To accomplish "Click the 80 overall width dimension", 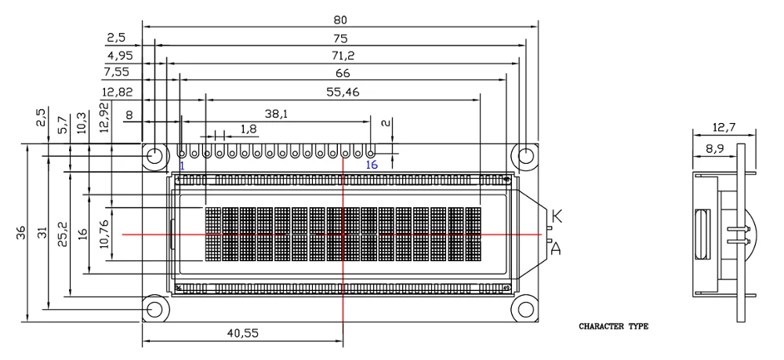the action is pos(340,20).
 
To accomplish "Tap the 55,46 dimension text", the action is pos(343,92).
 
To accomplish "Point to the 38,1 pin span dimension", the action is pos(277,114).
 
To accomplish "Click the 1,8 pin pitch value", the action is pos(249,129).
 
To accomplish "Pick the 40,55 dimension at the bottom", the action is pos(242,333).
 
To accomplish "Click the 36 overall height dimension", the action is pos(20,232).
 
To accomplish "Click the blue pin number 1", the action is pos(182,165).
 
